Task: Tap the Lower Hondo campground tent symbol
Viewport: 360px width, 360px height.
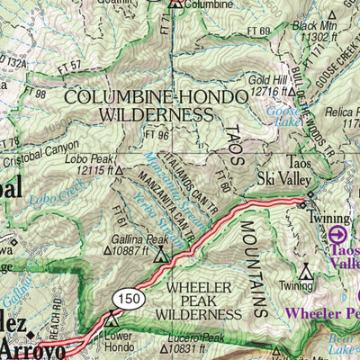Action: [x=112, y=319]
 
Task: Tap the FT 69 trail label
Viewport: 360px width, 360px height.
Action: [x=255, y=31]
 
